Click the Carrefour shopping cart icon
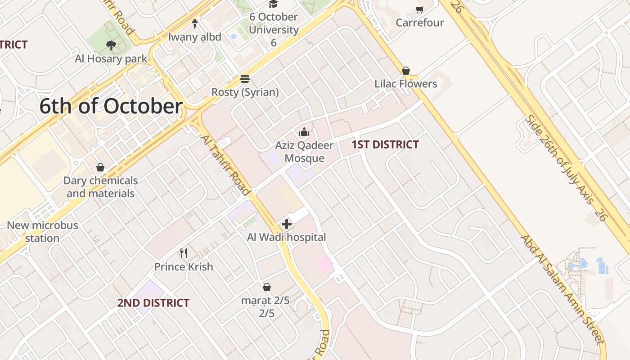point(420,9)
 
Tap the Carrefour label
point(420,22)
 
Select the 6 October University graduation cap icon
point(273,4)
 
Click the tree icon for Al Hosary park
point(111,45)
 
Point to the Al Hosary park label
point(111,58)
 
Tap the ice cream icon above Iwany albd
point(195,23)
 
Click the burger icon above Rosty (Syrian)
point(245,79)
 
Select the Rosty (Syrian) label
point(245,92)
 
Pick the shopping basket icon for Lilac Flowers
point(406,71)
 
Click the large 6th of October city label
point(111,107)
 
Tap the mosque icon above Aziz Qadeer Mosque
point(304,132)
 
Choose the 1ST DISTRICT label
point(385,144)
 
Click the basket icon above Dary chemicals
point(100,167)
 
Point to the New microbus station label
point(42,232)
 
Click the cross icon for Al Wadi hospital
point(286,224)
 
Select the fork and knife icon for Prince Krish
point(184,253)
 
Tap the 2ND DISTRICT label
point(153,303)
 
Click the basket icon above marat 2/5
point(267,287)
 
